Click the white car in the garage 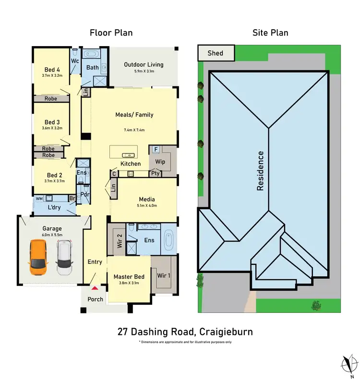click(64, 258)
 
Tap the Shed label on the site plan click(215, 53)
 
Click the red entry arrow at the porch click(95, 288)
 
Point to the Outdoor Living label click(144, 65)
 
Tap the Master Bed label click(129, 277)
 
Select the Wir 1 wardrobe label click(164, 275)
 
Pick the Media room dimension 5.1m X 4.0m click(146, 205)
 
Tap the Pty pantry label click(156, 173)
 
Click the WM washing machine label click(38, 198)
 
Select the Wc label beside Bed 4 click(75, 61)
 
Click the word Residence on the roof click(261, 171)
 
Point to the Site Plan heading click(270, 33)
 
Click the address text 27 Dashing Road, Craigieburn click(185, 332)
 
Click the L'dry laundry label click(54, 208)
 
